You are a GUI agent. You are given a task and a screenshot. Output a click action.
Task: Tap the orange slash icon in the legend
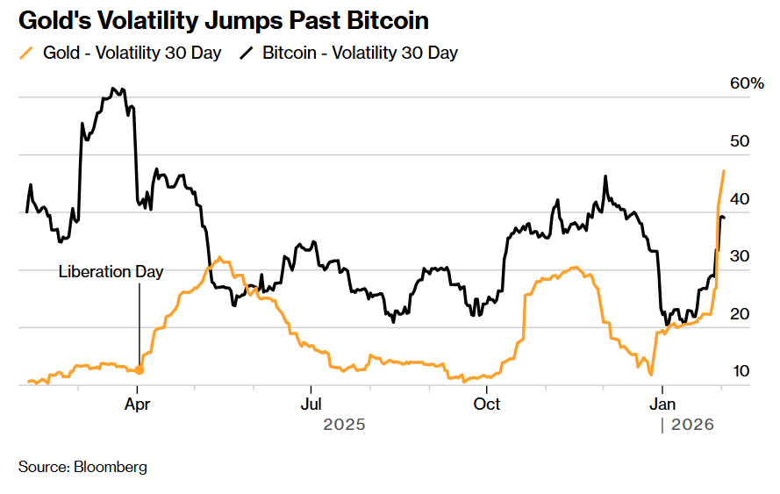point(28,53)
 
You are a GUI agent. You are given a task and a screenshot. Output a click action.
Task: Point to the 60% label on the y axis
point(748,84)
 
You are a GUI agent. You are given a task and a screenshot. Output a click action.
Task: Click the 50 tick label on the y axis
point(740,141)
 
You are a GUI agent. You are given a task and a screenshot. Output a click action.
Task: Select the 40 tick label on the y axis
point(740,199)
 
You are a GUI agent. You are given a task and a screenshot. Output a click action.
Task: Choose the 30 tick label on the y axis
point(740,256)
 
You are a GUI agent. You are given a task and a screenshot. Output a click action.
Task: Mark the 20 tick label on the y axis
point(740,314)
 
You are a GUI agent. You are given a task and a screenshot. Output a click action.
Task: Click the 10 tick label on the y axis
point(740,371)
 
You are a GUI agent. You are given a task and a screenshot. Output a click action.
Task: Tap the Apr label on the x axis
point(139,404)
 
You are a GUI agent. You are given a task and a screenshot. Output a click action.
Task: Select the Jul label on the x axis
point(310,404)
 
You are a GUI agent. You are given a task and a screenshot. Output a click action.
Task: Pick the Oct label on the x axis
point(486,404)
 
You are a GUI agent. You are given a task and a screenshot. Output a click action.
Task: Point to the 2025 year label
point(344,425)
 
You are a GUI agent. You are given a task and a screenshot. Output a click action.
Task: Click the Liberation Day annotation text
point(111,272)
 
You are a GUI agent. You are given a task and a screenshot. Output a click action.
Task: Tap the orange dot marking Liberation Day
point(139,370)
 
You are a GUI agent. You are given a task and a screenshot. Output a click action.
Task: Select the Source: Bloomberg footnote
point(82,467)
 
